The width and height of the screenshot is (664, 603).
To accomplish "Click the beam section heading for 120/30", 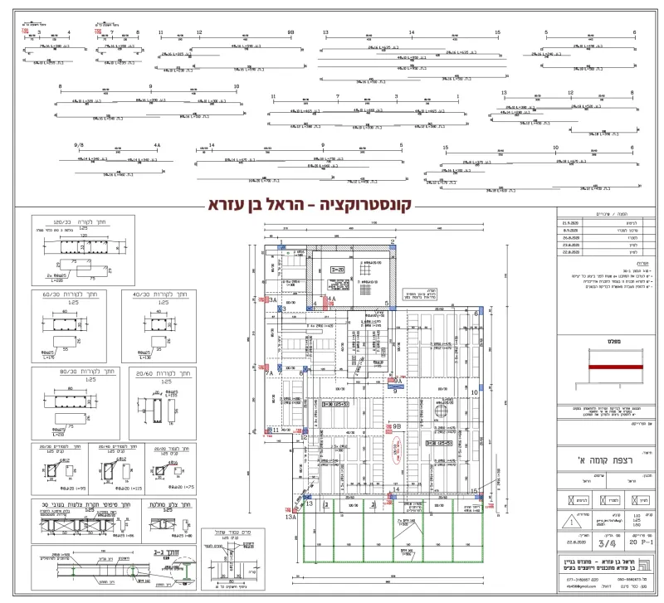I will (64, 223).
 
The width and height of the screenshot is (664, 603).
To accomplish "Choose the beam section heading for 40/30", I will (154, 294).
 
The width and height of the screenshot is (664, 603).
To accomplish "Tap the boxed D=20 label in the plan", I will (338, 270).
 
